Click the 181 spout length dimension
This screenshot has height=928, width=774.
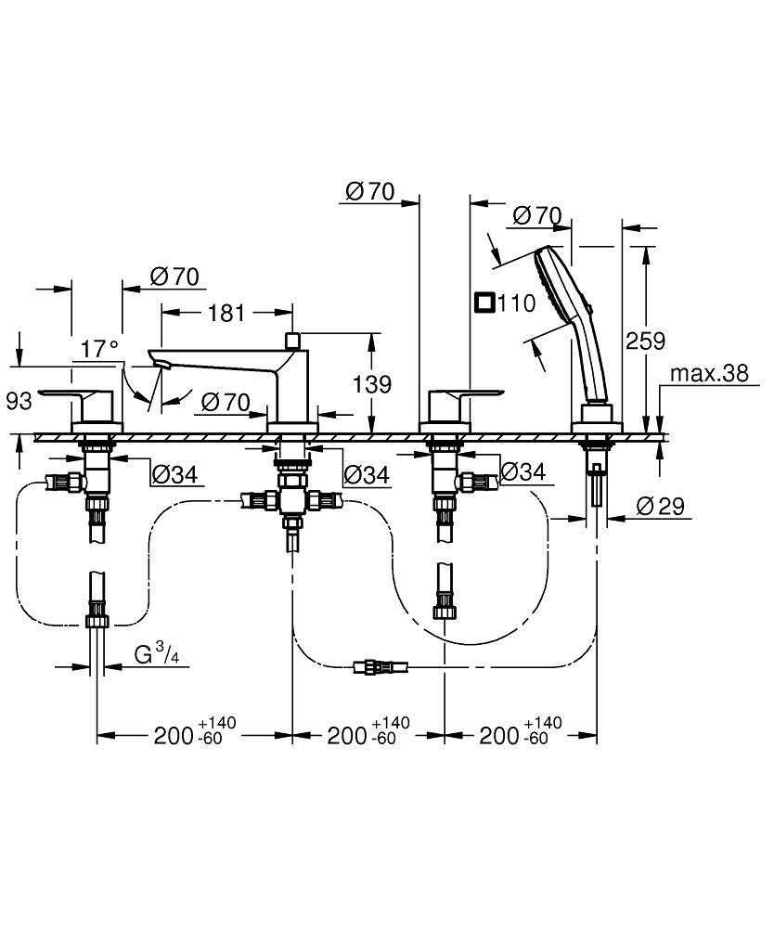(x=226, y=313)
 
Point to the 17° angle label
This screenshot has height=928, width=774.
(x=100, y=349)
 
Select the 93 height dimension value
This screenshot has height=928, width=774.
(x=19, y=401)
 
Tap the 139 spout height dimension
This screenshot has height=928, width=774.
(x=372, y=383)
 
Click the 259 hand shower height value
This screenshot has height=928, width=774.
(x=646, y=341)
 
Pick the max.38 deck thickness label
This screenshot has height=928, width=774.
(x=709, y=373)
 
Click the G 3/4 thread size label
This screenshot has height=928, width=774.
(x=154, y=654)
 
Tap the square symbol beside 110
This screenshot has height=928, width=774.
(x=484, y=303)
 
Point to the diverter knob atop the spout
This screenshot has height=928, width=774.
(x=292, y=341)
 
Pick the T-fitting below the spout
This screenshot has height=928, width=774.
(x=291, y=501)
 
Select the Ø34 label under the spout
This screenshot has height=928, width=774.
(x=365, y=475)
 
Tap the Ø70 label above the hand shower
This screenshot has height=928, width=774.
(x=537, y=215)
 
